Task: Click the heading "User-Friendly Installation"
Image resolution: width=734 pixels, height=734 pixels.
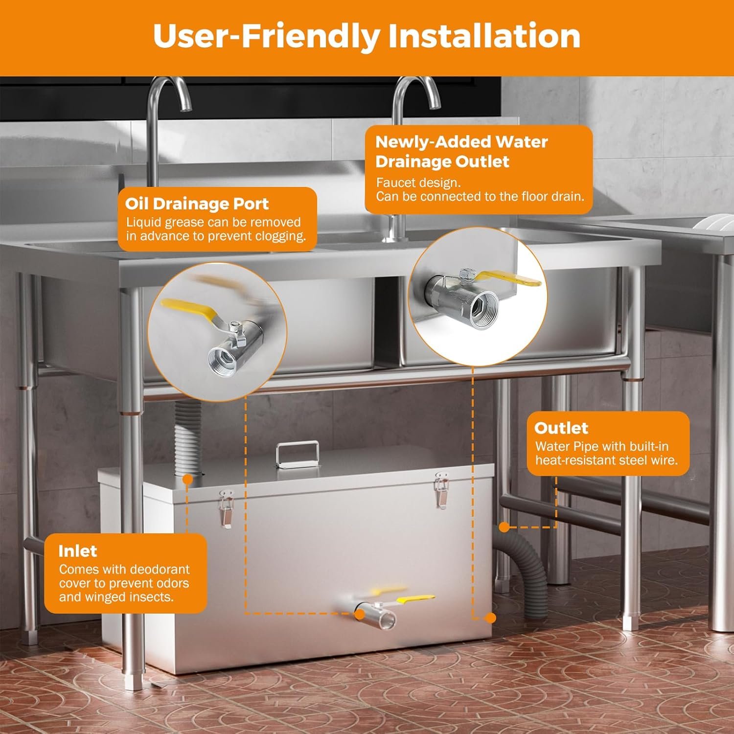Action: pos(367,36)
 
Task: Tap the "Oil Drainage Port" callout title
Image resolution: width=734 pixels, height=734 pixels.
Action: pos(197,204)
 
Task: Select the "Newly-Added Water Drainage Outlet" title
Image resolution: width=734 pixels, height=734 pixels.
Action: pos(461,151)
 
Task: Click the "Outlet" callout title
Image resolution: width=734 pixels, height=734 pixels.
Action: pos(561,428)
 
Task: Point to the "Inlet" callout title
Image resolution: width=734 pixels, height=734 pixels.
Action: pos(77,551)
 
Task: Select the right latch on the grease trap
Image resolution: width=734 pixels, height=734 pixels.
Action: pos(442,490)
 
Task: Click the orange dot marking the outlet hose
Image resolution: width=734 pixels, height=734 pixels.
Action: pos(504,527)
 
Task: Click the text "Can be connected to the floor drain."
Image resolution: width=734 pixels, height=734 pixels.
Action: pos(480,197)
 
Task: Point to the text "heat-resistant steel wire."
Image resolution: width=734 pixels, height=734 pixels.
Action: pos(606,460)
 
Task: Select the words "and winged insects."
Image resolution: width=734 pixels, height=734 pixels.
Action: pos(116,597)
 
